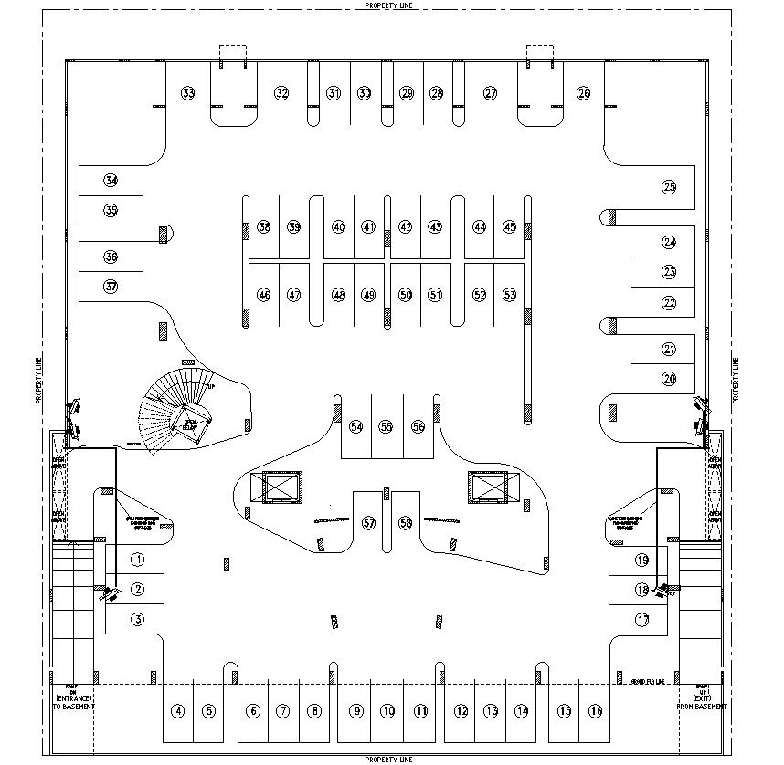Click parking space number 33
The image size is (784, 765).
[x=188, y=93]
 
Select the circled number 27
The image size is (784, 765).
[x=491, y=93]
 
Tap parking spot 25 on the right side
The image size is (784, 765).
[x=669, y=187]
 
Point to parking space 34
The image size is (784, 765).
[x=111, y=181]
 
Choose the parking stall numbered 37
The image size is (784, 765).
[x=111, y=286]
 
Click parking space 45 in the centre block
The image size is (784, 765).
[x=510, y=226]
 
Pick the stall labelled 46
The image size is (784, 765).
[x=264, y=295]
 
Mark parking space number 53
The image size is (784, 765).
[x=510, y=295]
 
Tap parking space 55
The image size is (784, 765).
[x=387, y=427]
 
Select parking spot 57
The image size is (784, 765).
[x=369, y=523]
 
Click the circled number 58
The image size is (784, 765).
[x=406, y=523]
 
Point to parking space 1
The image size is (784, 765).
[x=138, y=560]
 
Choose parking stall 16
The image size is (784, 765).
[x=596, y=711]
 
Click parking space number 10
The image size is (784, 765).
[x=388, y=711]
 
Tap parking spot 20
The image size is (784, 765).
[x=669, y=378]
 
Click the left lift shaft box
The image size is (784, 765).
[x=281, y=487]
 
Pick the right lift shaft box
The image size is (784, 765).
[x=487, y=487]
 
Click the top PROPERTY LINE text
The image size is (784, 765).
[x=391, y=5]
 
